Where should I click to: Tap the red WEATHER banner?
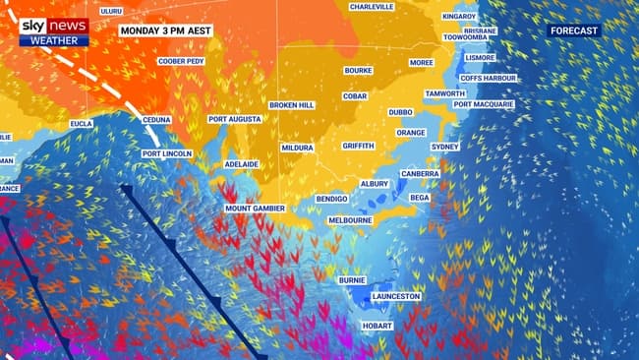pyautogui.click(x=54, y=41)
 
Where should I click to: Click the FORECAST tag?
pyautogui.click(x=574, y=31)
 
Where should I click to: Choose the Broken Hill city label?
pyautogui.click(x=293, y=104)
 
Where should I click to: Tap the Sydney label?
pyautogui.click(x=445, y=147)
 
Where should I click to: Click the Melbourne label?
pyautogui.click(x=350, y=220)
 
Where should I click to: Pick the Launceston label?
pyautogui.click(x=395, y=296)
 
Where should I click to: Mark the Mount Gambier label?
pyautogui.click(x=255, y=209)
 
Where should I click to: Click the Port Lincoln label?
pyautogui.click(x=166, y=154)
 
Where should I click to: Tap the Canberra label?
pyautogui.click(x=420, y=173)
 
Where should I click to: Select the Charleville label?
pyautogui.click(x=372, y=6)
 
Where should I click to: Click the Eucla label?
pyautogui.click(x=82, y=125)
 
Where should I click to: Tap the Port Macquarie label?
pyautogui.click(x=484, y=104)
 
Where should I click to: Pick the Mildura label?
pyautogui.click(x=297, y=148)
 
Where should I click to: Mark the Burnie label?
pyautogui.click(x=352, y=280)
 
